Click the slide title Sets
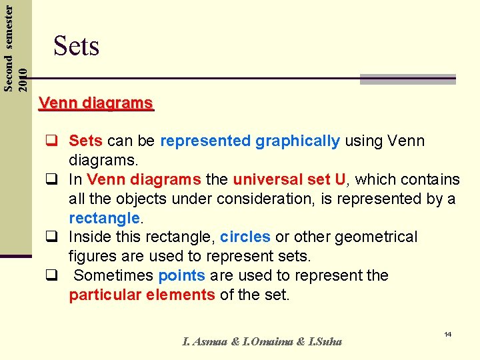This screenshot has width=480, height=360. point(76,46)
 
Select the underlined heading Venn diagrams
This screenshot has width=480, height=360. point(96,103)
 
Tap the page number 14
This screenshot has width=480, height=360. point(447,333)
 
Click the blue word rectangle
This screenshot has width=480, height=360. point(104,218)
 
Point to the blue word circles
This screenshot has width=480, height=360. point(245,237)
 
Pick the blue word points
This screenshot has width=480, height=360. point(182,276)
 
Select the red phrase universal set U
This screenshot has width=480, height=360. point(290,180)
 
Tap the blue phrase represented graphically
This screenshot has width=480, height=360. point(250,141)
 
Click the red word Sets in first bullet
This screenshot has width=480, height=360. point(85,141)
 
